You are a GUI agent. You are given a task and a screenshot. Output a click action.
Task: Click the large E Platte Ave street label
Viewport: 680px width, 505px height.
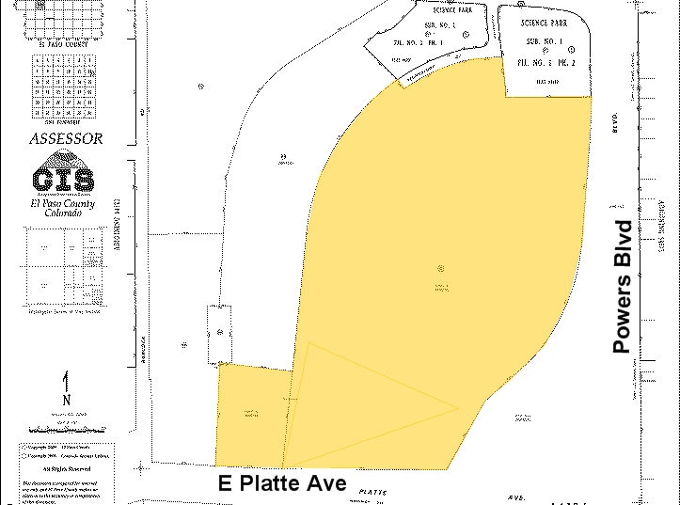point(282,483)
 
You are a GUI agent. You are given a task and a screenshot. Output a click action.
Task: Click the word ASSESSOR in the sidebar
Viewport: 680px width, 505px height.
point(66,138)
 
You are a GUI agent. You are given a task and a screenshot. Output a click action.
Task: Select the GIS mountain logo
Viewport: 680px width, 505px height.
point(63,179)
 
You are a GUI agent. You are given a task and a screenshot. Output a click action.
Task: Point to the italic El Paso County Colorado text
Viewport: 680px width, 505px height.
point(63,208)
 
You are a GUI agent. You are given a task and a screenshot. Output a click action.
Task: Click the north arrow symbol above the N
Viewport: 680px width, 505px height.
point(66,382)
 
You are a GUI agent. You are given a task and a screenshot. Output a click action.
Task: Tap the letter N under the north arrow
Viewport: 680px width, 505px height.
point(66,400)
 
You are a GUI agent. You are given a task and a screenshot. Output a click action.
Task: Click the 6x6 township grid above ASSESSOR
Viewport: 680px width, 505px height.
point(64,85)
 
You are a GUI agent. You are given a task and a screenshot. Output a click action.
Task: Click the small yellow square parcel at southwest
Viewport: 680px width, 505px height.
point(250,414)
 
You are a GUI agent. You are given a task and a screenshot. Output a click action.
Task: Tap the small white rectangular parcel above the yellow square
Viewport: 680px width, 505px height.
point(218,333)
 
